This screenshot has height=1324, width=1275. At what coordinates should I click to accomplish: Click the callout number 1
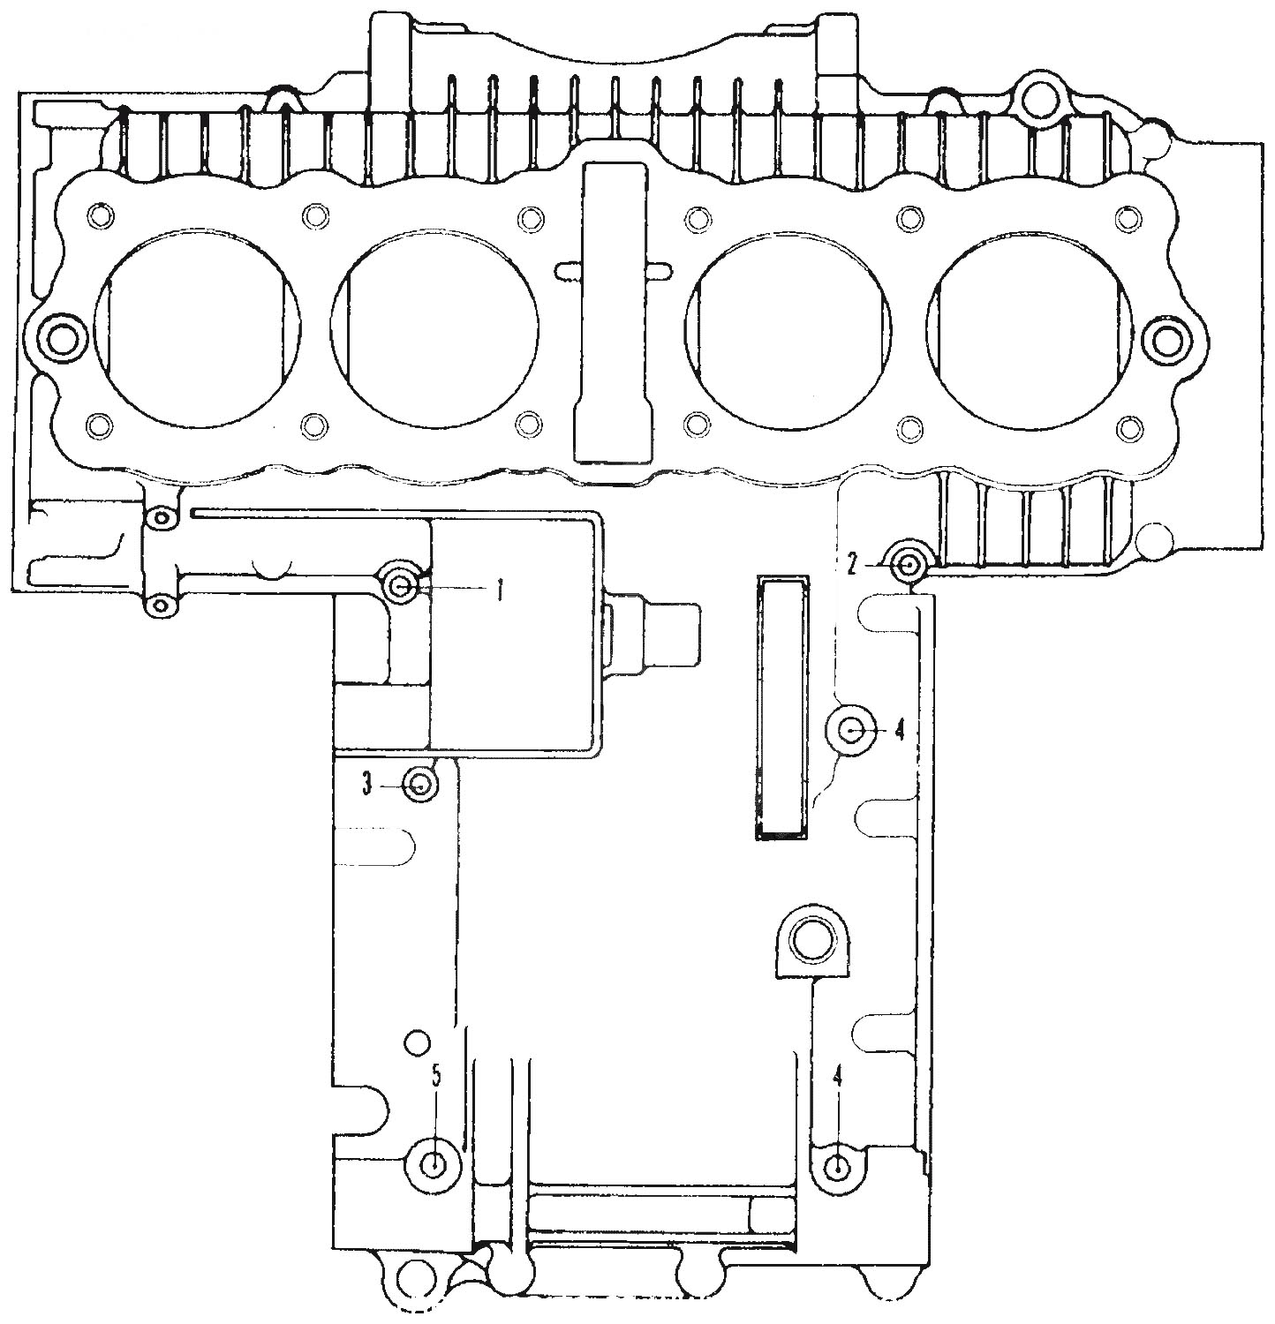499,589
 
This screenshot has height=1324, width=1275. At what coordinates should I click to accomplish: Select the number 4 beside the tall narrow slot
900,729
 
